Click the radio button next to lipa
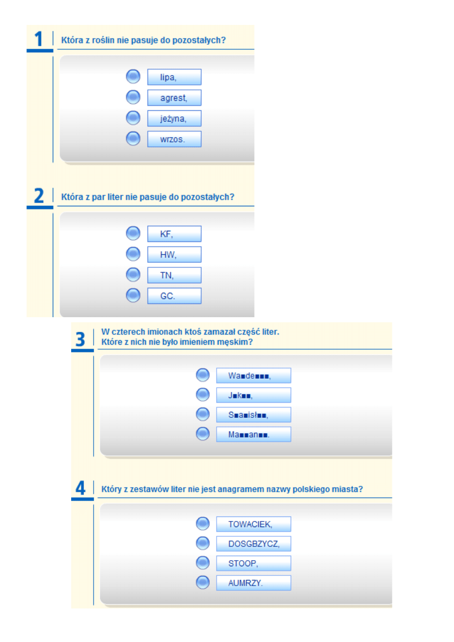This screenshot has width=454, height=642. pos(133,77)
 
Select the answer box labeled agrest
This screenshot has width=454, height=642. pos(174,98)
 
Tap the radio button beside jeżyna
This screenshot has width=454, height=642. pos(133,118)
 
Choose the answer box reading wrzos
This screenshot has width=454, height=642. pos(174,139)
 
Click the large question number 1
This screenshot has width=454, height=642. pos(39,39)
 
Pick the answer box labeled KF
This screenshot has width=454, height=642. pos(174,234)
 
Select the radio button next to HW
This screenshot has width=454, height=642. pos(133,254)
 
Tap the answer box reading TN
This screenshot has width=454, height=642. pos(174,275)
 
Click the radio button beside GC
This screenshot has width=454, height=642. pos(133,295)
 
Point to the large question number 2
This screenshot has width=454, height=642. pos(39,196)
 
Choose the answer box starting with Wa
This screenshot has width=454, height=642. pos(253,376)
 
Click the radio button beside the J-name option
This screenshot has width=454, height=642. pos(203,394)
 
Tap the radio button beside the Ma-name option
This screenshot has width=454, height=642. pos(203,434)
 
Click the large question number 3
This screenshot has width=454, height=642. pos(80,339)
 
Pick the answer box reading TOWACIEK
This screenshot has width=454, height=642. pos(253,524)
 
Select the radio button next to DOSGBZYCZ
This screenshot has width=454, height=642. pos(203,543)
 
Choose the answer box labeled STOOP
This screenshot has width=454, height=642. pos(253,564)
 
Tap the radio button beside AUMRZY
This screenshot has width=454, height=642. pos(203,583)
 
